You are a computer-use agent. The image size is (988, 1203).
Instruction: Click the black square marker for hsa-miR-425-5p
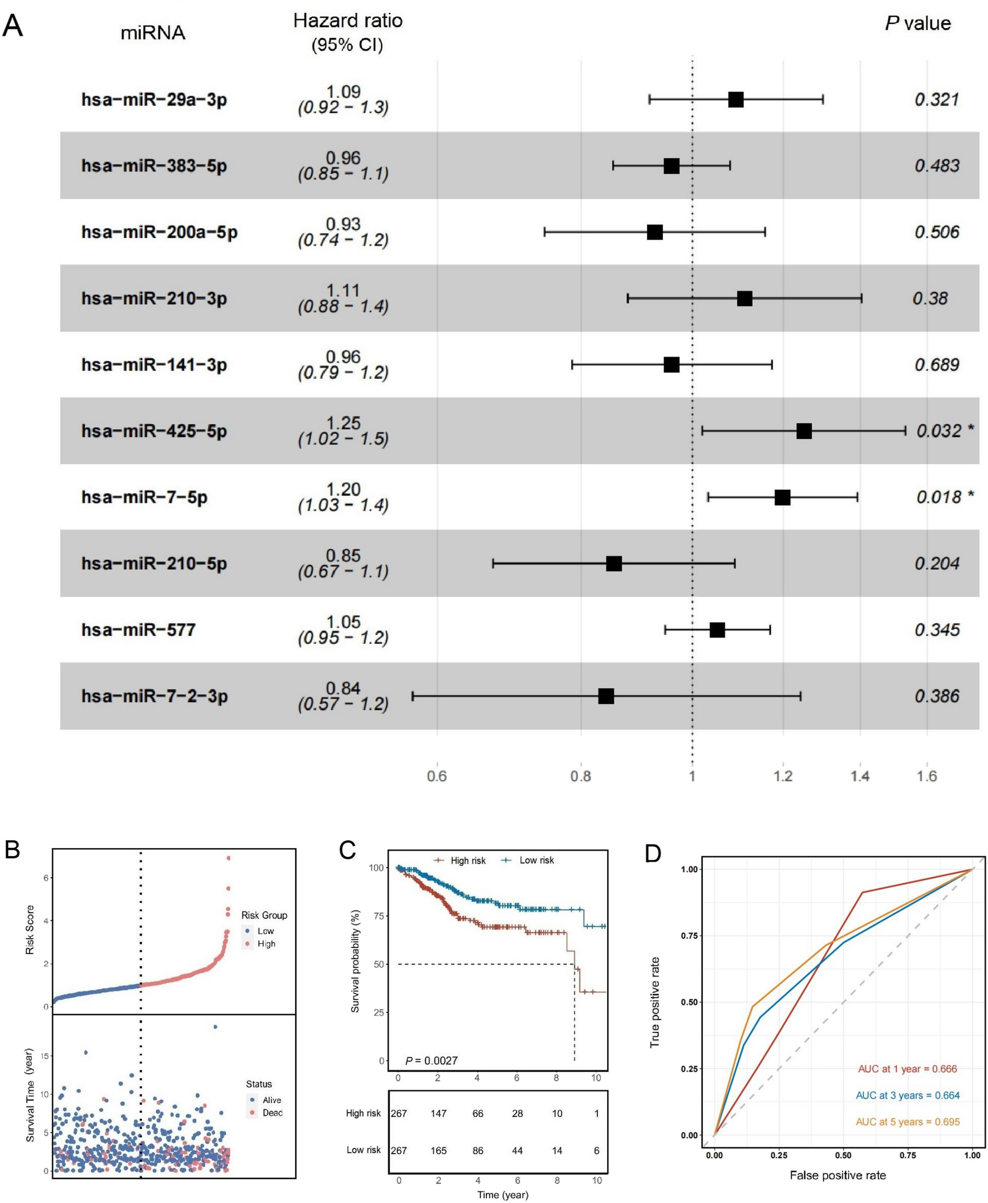804,431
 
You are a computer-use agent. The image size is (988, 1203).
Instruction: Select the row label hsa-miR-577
139,630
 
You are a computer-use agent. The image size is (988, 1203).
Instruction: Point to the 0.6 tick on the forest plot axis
436,776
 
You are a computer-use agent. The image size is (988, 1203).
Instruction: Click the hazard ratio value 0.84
343,688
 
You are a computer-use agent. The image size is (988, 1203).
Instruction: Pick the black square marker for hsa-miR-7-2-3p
606,695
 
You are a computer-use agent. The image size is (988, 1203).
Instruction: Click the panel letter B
13,850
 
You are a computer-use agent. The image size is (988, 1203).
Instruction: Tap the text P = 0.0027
431,1060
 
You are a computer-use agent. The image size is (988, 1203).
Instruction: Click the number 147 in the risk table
438,1113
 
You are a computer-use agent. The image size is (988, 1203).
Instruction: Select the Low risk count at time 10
596,1150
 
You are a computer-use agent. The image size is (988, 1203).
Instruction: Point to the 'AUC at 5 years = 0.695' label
907,1122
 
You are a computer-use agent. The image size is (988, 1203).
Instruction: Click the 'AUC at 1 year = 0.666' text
907,1069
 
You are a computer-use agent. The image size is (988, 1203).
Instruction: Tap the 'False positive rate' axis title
837,1175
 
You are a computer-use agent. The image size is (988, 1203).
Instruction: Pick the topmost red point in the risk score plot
229,858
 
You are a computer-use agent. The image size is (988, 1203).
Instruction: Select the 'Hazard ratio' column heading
348,21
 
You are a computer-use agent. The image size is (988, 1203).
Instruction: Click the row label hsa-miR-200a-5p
159,232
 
